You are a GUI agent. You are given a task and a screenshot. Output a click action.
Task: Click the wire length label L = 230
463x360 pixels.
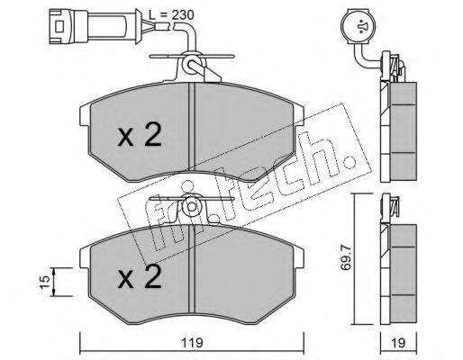point(171,14)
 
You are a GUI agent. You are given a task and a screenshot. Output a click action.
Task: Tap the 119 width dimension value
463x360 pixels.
point(192,343)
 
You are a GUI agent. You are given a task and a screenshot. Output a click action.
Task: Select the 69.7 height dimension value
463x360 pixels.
point(345,258)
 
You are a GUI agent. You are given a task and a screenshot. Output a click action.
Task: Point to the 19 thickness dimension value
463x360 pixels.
point(398,343)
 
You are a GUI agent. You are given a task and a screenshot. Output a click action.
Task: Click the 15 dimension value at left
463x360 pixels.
point(44,282)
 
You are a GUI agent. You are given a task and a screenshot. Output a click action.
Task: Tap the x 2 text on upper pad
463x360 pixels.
point(140,135)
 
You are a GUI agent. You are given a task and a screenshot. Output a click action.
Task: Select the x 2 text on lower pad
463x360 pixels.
point(140,276)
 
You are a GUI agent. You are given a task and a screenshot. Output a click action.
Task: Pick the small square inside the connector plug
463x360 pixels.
point(59,26)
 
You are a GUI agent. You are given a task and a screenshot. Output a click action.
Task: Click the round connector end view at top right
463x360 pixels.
point(359,27)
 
